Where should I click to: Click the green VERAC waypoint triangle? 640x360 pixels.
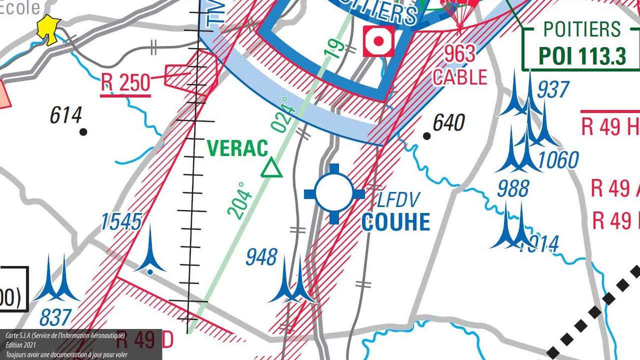point(271,168)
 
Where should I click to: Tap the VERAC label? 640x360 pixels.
point(237,148)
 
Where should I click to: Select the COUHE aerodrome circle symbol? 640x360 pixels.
point(334,193)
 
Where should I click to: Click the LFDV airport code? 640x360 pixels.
point(398,200)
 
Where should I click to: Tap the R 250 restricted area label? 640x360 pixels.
point(125,83)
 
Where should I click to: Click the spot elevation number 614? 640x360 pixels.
point(65,115)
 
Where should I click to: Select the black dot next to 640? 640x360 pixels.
point(426,136)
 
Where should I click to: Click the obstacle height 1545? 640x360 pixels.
point(121,222)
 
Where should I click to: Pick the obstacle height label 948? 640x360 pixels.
point(261,257)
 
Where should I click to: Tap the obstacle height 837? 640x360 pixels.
point(55,317)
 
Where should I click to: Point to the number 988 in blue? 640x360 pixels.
point(513,188)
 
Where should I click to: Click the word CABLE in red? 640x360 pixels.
point(460,77)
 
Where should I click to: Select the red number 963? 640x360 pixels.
point(459,54)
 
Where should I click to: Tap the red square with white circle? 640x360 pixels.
point(378,41)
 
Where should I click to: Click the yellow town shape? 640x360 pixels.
point(49,29)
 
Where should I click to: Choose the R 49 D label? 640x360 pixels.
point(145,340)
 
